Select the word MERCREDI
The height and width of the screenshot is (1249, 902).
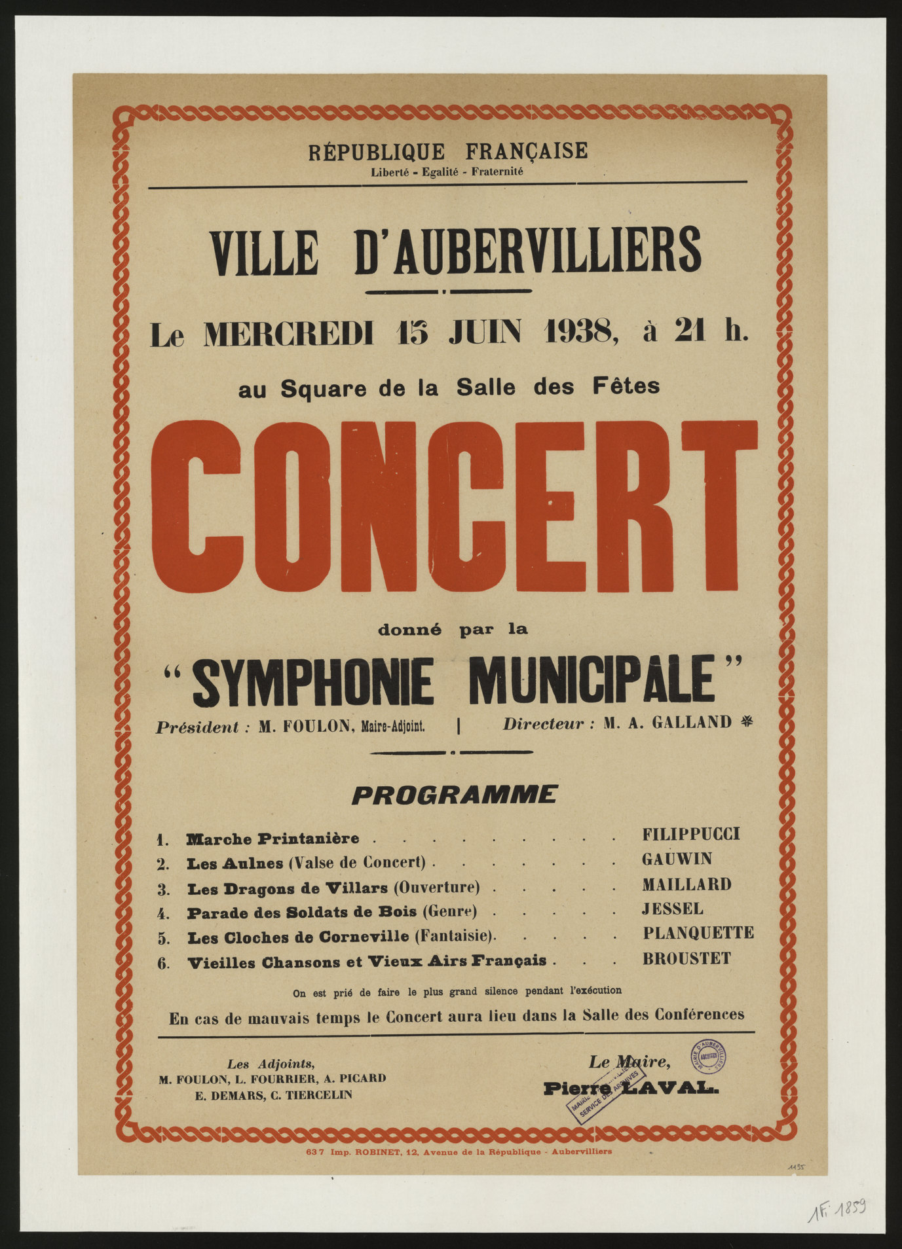[x=289, y=335]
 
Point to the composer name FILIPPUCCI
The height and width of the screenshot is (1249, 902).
[x=690, y=834]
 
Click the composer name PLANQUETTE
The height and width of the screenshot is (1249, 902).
[x=698, y=933]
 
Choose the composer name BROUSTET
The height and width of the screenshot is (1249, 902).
[x=686, y=958]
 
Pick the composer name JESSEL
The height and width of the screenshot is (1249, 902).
[x=673, y=909]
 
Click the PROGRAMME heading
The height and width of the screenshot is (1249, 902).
[x=454, y=795]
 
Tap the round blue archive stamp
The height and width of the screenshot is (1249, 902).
[x=708, y=1057]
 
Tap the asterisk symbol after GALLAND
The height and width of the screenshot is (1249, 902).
[x=746, y=722]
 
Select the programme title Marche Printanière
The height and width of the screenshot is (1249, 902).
[x=272, y=839]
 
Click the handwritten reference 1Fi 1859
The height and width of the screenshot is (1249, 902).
[x=838, y=1210]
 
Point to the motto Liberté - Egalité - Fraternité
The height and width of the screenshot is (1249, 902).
[x=447, y=172]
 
